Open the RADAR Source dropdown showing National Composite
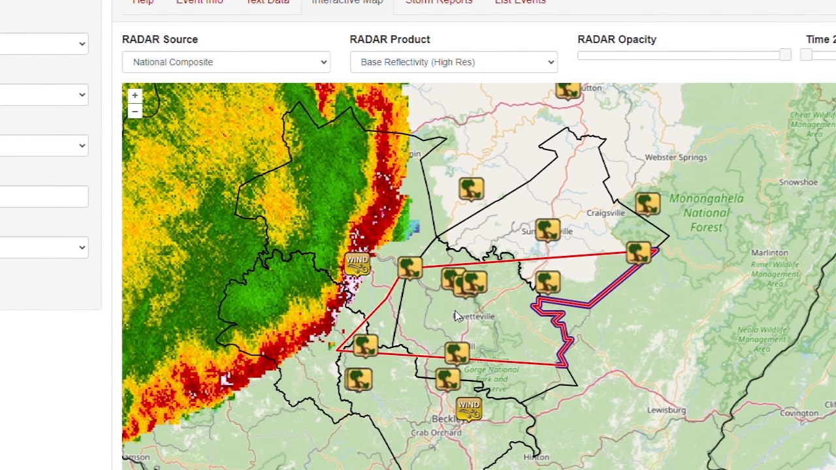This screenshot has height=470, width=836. [225, 62]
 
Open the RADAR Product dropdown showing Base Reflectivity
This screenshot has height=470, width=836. [453, 62]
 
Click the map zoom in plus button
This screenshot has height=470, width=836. [135, 95]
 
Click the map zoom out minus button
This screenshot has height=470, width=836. [135, 112]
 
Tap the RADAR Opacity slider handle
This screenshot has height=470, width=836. [785, 55]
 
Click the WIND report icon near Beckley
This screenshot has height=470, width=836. [468, 408]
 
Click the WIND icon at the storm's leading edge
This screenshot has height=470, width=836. [357, 263]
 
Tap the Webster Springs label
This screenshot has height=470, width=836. [675, 157]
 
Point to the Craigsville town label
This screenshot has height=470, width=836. [605, 213]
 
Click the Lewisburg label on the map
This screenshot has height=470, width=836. [666, 410]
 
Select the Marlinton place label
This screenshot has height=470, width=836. [769, 253]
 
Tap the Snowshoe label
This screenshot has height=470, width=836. [798, 182]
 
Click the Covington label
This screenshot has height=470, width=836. [799, 413]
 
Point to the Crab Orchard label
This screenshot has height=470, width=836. [436, 432]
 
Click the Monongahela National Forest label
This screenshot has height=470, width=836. [706, 213]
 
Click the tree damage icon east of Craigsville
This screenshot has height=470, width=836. [647, 203]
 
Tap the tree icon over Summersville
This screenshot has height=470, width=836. [547, 230]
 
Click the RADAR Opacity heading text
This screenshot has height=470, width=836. [617, 39]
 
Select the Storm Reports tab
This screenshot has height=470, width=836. [438, 3]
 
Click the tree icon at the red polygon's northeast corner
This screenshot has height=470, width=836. [638, 253]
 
